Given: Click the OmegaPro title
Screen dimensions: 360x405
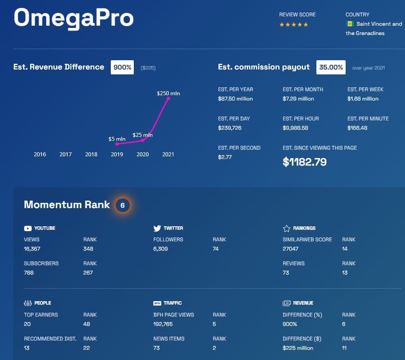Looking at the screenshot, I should (x=74, y=18).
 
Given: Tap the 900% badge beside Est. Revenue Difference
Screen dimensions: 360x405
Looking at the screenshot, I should (x=122, y=67).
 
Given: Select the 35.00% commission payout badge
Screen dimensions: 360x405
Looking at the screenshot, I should (x=331, y=67).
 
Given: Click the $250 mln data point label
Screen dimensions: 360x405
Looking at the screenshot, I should (x=168, y=93).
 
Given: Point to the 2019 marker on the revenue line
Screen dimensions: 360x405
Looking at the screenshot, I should (x=117, y=144).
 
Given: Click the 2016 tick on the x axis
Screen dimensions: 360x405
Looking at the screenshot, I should (x=40, y=155).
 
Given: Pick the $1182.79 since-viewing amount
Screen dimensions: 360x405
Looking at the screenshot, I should (x=304, y=162).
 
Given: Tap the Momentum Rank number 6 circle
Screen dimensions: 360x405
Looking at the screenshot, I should (x=123, y=205).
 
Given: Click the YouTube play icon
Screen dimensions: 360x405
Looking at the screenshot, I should (x=28, y=228).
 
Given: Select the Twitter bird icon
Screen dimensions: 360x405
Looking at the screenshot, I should (x=157, y=228).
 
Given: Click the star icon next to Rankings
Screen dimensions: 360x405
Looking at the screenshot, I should (x=286, y=228).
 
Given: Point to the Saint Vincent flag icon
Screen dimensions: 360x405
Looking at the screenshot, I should (x=349, y=24).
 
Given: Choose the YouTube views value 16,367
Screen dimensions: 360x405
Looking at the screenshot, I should (x=32, y=249).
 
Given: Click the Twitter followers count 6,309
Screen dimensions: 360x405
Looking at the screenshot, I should (x=161, y=249).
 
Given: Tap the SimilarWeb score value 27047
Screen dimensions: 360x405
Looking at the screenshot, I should (x=291, y=249).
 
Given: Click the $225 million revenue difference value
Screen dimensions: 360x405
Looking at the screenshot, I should (x=298, y=348).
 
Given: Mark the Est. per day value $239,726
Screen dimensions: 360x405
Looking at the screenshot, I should (x=230, y=128).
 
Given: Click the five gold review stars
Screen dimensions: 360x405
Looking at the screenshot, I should (x=293, y=25).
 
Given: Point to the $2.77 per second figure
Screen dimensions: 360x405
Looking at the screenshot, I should (x=225, y=157).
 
